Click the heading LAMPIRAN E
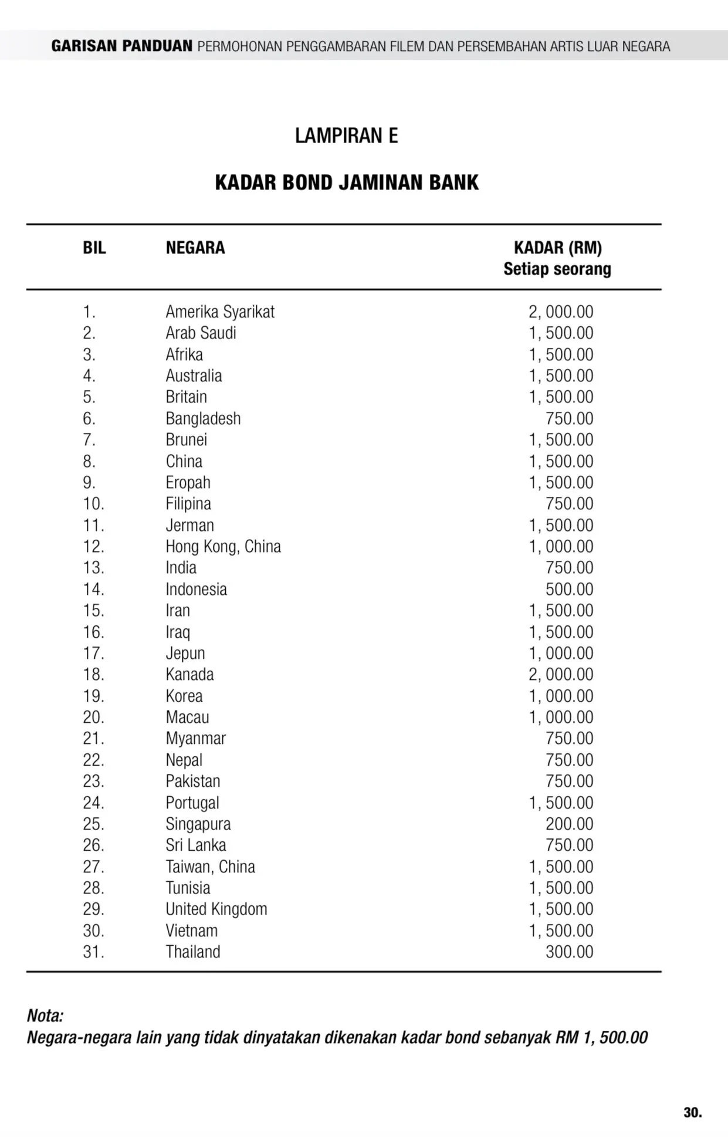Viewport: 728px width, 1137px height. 346,136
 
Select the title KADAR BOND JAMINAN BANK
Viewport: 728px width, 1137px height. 347,182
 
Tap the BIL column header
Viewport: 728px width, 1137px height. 94,248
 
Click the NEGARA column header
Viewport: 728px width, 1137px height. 195,248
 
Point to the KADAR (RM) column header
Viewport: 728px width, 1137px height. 557,248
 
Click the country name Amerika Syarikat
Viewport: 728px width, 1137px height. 220,312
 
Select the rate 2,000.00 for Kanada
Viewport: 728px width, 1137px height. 561,675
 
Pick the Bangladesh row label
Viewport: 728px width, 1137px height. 203,418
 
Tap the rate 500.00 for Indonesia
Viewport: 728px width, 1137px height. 569,589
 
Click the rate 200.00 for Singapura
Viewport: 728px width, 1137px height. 569,824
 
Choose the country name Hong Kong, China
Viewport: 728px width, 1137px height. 223,546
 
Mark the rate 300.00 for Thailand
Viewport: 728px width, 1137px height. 569,952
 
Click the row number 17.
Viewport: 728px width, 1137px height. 93,653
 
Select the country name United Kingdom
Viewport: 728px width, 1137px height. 216,909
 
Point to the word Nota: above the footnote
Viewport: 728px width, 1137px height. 45,1016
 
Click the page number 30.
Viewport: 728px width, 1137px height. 692,1112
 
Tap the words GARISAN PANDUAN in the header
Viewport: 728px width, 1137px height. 122,46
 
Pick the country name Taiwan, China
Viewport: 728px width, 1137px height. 210,867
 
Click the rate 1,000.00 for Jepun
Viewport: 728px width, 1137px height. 561,653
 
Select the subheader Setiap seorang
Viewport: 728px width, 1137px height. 557,269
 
